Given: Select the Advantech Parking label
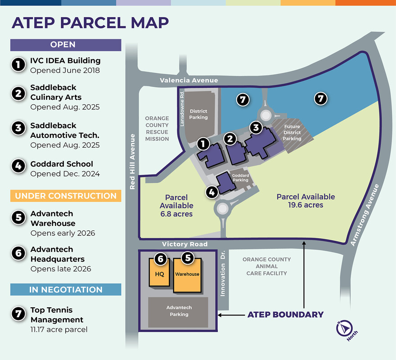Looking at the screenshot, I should [x=179, y=311].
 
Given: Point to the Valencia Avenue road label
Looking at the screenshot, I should [x=189, y=81].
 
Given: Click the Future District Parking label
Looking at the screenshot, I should [x=292, y=133].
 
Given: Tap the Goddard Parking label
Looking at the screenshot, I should [x=240, y=177].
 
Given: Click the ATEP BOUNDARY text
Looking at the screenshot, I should [x=285, y=315].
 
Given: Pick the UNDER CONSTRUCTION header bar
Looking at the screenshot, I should [x=66, y=196].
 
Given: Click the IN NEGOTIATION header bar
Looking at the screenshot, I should [x=66, y=289].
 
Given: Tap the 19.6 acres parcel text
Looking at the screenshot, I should [x=306, y=205].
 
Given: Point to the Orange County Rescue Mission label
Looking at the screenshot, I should [x=157, y=129].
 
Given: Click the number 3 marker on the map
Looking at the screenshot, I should [x=256, y=128].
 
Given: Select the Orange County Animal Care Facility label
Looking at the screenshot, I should [x=266, y=266].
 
